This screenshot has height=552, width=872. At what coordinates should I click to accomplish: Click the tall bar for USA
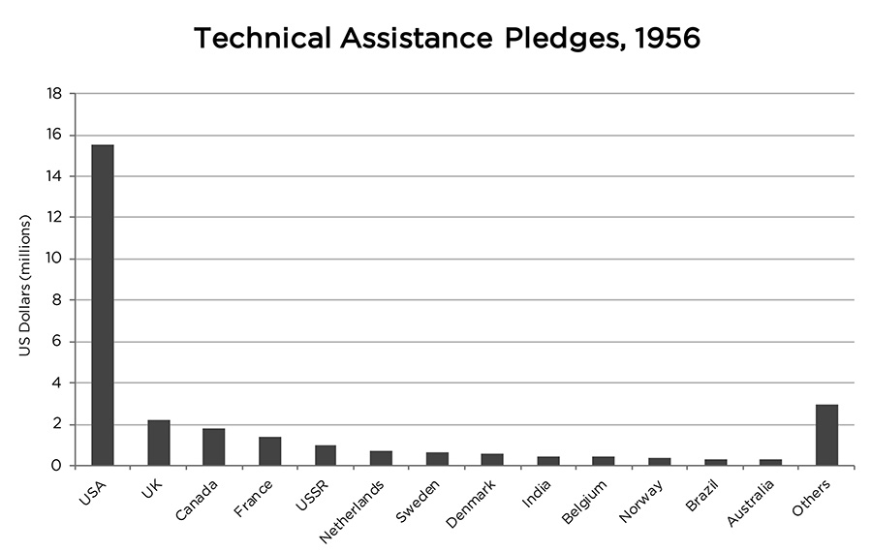[103, 305]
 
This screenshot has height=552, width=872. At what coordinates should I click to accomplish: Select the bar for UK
[159, 443]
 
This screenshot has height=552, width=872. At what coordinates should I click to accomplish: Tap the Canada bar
[214, 446]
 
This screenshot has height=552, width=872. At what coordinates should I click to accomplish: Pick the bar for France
[270, 451]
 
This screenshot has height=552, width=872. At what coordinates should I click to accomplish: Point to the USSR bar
[326, 455]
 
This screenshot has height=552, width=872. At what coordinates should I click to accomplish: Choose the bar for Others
[826, 435]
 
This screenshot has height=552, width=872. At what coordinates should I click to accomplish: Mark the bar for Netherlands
[381, 458]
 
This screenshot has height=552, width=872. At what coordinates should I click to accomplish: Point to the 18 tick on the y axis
[54, 94]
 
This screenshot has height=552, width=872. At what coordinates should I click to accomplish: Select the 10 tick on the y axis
[54, 260]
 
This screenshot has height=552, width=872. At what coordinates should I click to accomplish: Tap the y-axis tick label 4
[57, 383]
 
